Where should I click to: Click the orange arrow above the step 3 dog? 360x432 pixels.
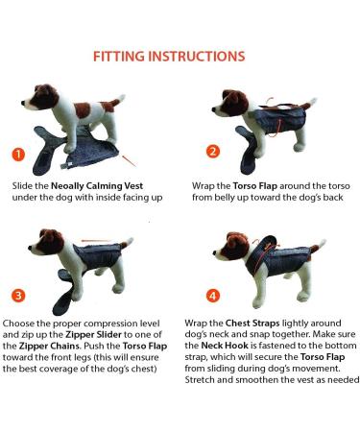point(96,240)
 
